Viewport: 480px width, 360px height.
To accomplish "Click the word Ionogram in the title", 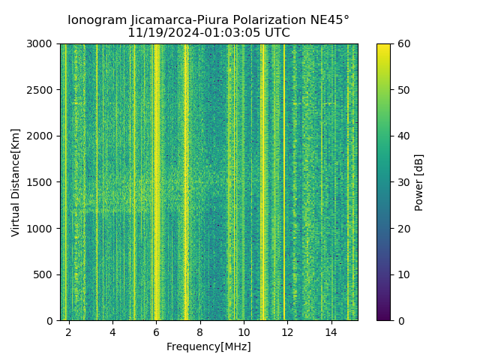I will pyautogui.click(x=96, y=20).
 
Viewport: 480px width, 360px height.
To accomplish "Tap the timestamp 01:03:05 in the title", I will pyautogui.click(x=222, y=33).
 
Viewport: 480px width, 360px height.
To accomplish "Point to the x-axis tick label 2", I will pyautogui.click(x=69, y=331).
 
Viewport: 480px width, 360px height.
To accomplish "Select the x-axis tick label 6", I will pyautogui.click(x=156, y=331).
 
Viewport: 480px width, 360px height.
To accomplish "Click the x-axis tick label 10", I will pyautogui.click(x=244, y=331).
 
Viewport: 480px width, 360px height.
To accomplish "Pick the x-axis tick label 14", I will pyautogui.click(x=331, y=331).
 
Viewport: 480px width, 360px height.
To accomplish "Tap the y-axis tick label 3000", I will pyautogui.click(x=42, y=44).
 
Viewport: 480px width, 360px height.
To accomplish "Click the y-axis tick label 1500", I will pyautogui.click(x=42, y=182).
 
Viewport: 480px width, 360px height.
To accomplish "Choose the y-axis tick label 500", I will pyautogui.click(x=45, y=274).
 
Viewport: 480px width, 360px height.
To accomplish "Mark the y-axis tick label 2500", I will pyautogui.click(x=42, y=90).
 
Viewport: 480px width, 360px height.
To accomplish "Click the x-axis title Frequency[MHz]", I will pyautogui.click(x=208, y=346).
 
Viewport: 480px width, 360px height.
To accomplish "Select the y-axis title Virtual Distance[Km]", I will pyautogui.click(x=16, y=182).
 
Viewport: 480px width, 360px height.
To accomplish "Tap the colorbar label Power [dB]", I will pyautogui.click(x=419, y=182).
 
